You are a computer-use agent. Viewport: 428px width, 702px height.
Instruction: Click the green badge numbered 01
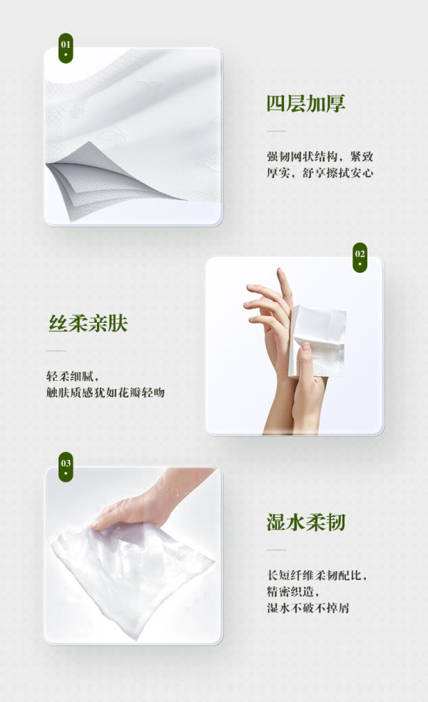point(66,48)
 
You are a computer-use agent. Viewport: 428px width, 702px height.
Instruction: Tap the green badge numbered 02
point(360,257)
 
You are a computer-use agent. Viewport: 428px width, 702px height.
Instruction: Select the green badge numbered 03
point(66,467)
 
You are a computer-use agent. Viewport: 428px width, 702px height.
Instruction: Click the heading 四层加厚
point(306,104)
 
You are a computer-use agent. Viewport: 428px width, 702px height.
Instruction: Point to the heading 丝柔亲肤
point(88,324)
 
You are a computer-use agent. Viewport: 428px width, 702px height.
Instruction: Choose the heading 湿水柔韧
point(306,522)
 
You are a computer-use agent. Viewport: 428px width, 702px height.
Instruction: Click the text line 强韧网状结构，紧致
point(320,156)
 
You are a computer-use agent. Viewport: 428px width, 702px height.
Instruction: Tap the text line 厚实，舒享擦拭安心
point(320,173)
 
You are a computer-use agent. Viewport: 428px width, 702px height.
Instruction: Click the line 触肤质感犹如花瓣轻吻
point(105,393)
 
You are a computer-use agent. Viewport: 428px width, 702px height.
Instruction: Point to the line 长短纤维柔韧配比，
point(317,576)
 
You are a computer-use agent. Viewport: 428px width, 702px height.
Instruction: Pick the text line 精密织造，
point(293,591)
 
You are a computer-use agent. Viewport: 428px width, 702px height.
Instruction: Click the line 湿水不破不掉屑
point(307,608)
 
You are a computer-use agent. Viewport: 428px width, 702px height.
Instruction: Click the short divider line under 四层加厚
point(276,131)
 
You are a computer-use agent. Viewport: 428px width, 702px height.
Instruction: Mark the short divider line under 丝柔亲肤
point(56,351)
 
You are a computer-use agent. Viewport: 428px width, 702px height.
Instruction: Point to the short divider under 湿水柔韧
point(276,550)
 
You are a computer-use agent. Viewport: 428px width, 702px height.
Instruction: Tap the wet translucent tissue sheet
point(132,573)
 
